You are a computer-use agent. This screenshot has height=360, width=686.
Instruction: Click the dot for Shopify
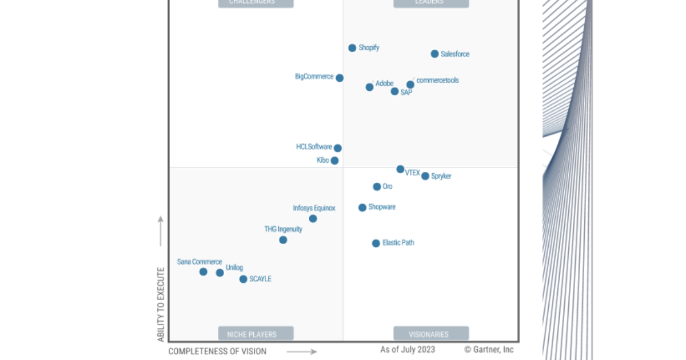point(352,48)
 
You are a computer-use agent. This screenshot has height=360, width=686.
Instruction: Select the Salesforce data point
point(434,54)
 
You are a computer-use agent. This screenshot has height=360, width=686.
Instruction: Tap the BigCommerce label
point(314,77)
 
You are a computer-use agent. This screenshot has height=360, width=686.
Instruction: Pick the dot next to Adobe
point(369,87)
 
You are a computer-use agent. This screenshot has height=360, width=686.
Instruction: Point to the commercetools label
point(437,81)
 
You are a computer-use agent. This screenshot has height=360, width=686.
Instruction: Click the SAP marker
point(394,91)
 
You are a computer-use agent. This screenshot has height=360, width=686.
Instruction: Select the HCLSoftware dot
point(338,148)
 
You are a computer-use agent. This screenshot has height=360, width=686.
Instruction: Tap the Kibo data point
point(334,161)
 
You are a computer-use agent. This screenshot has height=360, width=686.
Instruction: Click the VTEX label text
point(412,173)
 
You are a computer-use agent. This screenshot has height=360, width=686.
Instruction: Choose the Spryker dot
point(425,176)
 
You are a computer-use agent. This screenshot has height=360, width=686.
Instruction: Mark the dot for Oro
point(377,187)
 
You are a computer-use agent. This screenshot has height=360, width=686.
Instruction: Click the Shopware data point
point(362,207)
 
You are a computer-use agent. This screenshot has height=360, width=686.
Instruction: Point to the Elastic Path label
point(398,243)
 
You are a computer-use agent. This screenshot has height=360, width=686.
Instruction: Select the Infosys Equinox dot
point(313,219)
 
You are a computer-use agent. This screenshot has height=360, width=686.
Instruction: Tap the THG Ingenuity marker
point(283,240)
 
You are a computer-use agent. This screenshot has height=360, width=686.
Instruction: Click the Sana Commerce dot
point(203,272)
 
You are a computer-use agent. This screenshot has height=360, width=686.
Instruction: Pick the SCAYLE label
point(260,279)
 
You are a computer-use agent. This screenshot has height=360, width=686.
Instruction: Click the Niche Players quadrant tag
point(256,334)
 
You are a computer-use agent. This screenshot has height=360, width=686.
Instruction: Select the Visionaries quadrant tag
point(430,334)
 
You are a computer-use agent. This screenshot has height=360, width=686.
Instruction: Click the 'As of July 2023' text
point(408,350)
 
